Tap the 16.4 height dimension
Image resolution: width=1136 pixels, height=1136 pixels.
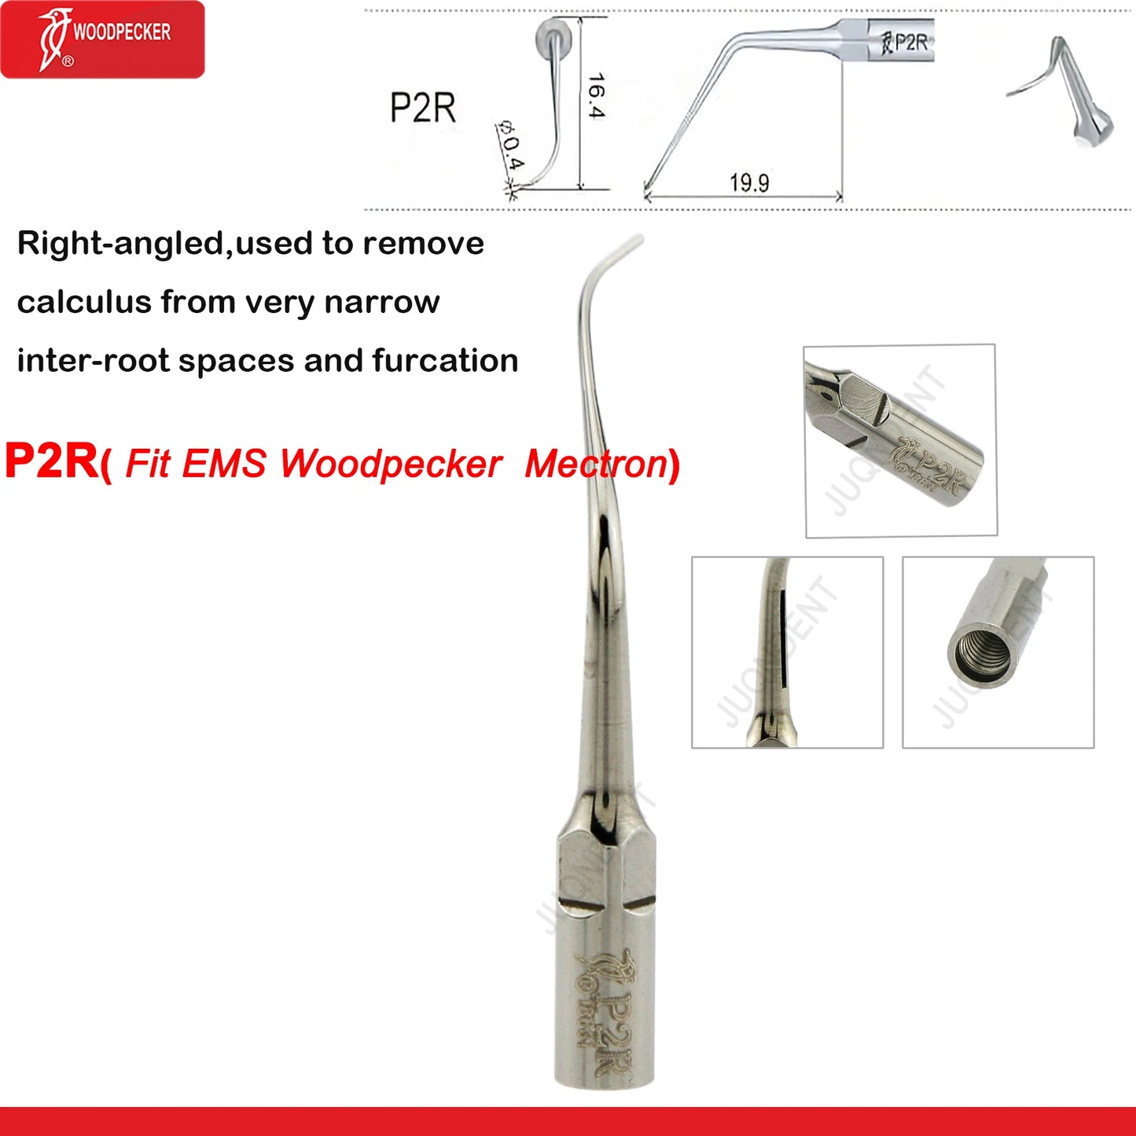(596, 96)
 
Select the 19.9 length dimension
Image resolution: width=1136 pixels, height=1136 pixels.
(748, 183)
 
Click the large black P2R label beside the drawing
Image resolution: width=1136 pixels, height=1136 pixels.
(423, 108)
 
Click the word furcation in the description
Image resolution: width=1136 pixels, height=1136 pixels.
(445, 361)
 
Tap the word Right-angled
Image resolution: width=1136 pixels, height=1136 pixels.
(122, 244)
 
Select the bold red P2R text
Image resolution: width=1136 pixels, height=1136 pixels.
(51, 461)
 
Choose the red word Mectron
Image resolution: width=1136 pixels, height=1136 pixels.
(596, 463)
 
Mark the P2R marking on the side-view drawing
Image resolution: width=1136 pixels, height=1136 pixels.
(910, 42)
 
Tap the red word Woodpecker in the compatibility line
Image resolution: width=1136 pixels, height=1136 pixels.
(391, 463)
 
